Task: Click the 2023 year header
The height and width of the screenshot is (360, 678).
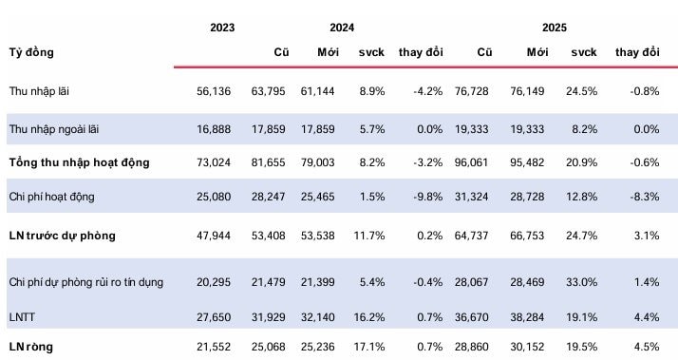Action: [222, 28]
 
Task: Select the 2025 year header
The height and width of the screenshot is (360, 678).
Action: [555, 28]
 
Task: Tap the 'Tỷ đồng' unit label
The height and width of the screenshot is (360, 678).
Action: [31, 52]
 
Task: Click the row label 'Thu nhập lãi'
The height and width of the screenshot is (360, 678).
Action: [39, 91]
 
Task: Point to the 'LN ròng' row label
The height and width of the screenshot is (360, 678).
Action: [31, 347]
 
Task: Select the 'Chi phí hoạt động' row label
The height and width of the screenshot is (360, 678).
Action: [51, 197]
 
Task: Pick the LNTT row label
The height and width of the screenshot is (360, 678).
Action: [22, 317]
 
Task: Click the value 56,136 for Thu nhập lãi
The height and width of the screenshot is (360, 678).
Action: [214, 91]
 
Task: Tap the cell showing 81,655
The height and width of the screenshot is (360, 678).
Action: [268, 162]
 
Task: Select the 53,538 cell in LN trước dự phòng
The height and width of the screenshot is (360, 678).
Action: [318, 236]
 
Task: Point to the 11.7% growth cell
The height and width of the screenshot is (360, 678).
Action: [369, 236]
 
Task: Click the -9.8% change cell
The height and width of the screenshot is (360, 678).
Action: [427, 197]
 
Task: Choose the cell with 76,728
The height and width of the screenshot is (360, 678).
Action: [471, 91]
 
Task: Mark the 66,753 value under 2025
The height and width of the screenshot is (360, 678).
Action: [527, 236]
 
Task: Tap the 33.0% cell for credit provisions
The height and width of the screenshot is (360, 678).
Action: [581, 282]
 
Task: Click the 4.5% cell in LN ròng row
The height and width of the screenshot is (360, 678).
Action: [647, 347]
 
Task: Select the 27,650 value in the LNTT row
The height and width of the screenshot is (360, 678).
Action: [214, 317]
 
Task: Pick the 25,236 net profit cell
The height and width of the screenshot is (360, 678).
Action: [318, 347]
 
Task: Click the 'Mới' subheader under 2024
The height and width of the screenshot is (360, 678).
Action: [329, 52]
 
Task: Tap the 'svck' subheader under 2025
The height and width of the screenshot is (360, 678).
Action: [584, 52]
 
